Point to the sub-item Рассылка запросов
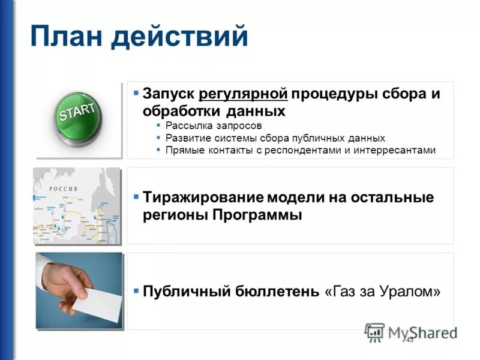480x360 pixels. point(214,126)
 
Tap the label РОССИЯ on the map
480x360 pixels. point(62,188)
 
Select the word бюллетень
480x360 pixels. point(283,292)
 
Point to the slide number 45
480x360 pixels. point(410,340)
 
